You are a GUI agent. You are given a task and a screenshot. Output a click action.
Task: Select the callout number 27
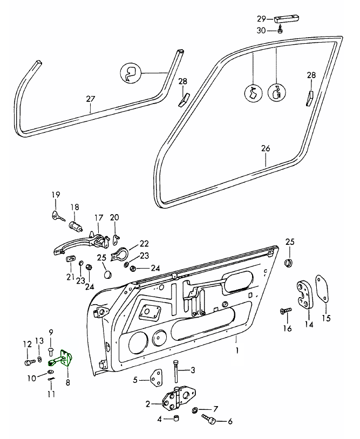click(x=90, y=99)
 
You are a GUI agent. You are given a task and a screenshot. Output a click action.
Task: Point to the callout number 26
click(x=265, y=148)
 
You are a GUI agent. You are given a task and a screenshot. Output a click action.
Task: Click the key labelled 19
click(x=57, y=216)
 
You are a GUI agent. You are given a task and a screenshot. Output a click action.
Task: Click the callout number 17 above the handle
click(x=98, y=218)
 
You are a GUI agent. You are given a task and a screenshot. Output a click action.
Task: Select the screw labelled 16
click(x=284, y=312)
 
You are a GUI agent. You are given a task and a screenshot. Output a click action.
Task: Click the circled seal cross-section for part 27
click(x=130, y=73)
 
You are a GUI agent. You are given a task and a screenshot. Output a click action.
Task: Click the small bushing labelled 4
click(x=175, y=419)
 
